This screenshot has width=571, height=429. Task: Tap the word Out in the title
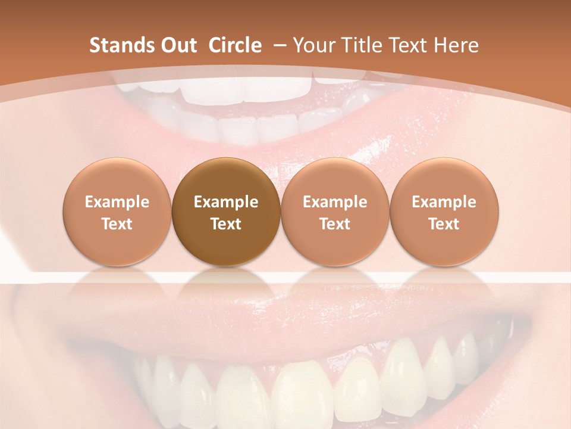tap(177, 45)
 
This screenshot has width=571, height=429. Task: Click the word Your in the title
tap(312, 45)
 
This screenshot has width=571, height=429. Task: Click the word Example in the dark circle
tap(226, 202)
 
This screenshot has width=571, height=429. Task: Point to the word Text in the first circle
tap(117, 224)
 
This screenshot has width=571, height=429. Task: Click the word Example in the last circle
tap(444, 202)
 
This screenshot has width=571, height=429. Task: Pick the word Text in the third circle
tap(335, 224)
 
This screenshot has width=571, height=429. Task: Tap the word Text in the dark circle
tap(226, 224)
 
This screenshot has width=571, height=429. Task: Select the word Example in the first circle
tap(117, 202)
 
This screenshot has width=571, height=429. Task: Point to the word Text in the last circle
tap(444, 224)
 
